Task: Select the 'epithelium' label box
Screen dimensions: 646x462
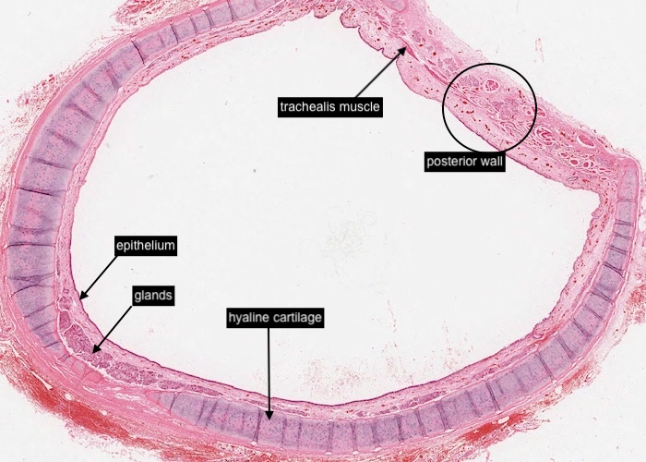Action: coord(145,246)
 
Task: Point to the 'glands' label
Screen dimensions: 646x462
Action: coord(152,296)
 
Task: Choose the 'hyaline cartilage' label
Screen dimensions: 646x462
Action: coord(274,318)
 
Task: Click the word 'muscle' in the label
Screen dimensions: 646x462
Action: coord(359,106)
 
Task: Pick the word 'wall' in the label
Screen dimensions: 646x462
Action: coord(491,161)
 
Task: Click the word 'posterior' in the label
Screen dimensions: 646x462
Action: coord(451,161)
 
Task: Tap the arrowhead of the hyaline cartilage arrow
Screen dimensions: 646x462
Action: coord(269,419)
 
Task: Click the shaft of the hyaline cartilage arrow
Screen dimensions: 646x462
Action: coord(269,370)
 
